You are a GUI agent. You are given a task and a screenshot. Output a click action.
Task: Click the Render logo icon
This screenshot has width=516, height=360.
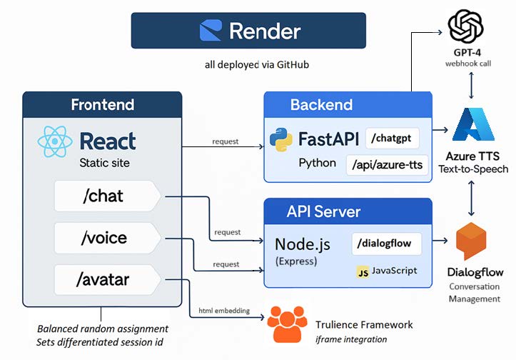(210, 30)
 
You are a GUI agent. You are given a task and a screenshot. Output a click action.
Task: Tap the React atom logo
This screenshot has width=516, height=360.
(54, 141)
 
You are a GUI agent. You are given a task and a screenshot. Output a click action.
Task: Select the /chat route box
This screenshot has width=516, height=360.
(107, 196)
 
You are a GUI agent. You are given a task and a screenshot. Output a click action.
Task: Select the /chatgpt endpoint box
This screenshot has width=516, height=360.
(392, 138)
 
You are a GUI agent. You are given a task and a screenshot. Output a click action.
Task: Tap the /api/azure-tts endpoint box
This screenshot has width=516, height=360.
(387, 165)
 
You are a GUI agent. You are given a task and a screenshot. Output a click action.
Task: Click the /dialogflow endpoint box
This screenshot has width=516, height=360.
(386, 243)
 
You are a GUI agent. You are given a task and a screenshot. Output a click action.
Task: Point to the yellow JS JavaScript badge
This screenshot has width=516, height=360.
(363, 271)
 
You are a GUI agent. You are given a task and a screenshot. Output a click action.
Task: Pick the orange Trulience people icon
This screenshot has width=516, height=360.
(288, 324)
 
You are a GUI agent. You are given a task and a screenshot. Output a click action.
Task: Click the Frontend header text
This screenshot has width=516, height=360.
(102, 105)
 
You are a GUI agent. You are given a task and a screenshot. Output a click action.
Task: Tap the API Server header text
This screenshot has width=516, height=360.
(323, 212)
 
